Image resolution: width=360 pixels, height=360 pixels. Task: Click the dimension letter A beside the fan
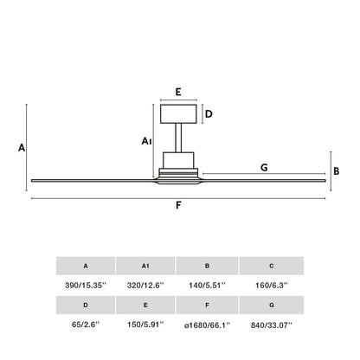coord(21,148)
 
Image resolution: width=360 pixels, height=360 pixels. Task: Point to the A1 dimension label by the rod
coord(146,140)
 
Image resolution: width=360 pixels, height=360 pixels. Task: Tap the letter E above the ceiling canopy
coord(177,90)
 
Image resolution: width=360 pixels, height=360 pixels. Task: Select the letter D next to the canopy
coord(209,113)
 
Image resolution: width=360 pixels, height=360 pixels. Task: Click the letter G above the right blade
coord(263,167)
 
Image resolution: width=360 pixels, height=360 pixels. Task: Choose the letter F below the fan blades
coord(178,206)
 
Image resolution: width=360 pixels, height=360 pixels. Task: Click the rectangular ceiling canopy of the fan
coord(177,113)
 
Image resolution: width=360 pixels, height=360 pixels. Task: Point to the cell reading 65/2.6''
coord(86,325)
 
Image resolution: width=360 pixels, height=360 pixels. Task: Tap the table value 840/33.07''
coord(271,325)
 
